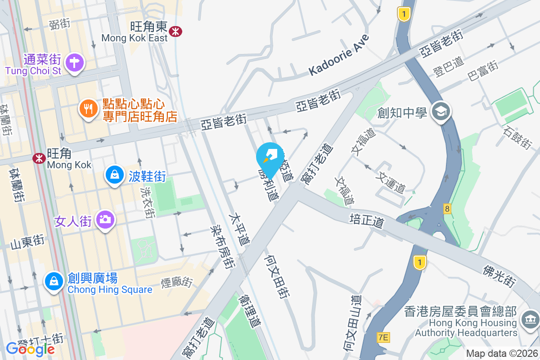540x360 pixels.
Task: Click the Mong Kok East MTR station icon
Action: click(x=175, y=30)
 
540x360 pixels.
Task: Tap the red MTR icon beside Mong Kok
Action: click(x=39, y=158)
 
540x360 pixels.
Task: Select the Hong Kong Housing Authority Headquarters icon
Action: click(x=529, y=320)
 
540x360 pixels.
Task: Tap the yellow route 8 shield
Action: click(x=447, y=208)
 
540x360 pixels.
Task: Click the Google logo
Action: click(x=30, y=348)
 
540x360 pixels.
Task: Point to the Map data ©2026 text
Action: click(x=502, y=354)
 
